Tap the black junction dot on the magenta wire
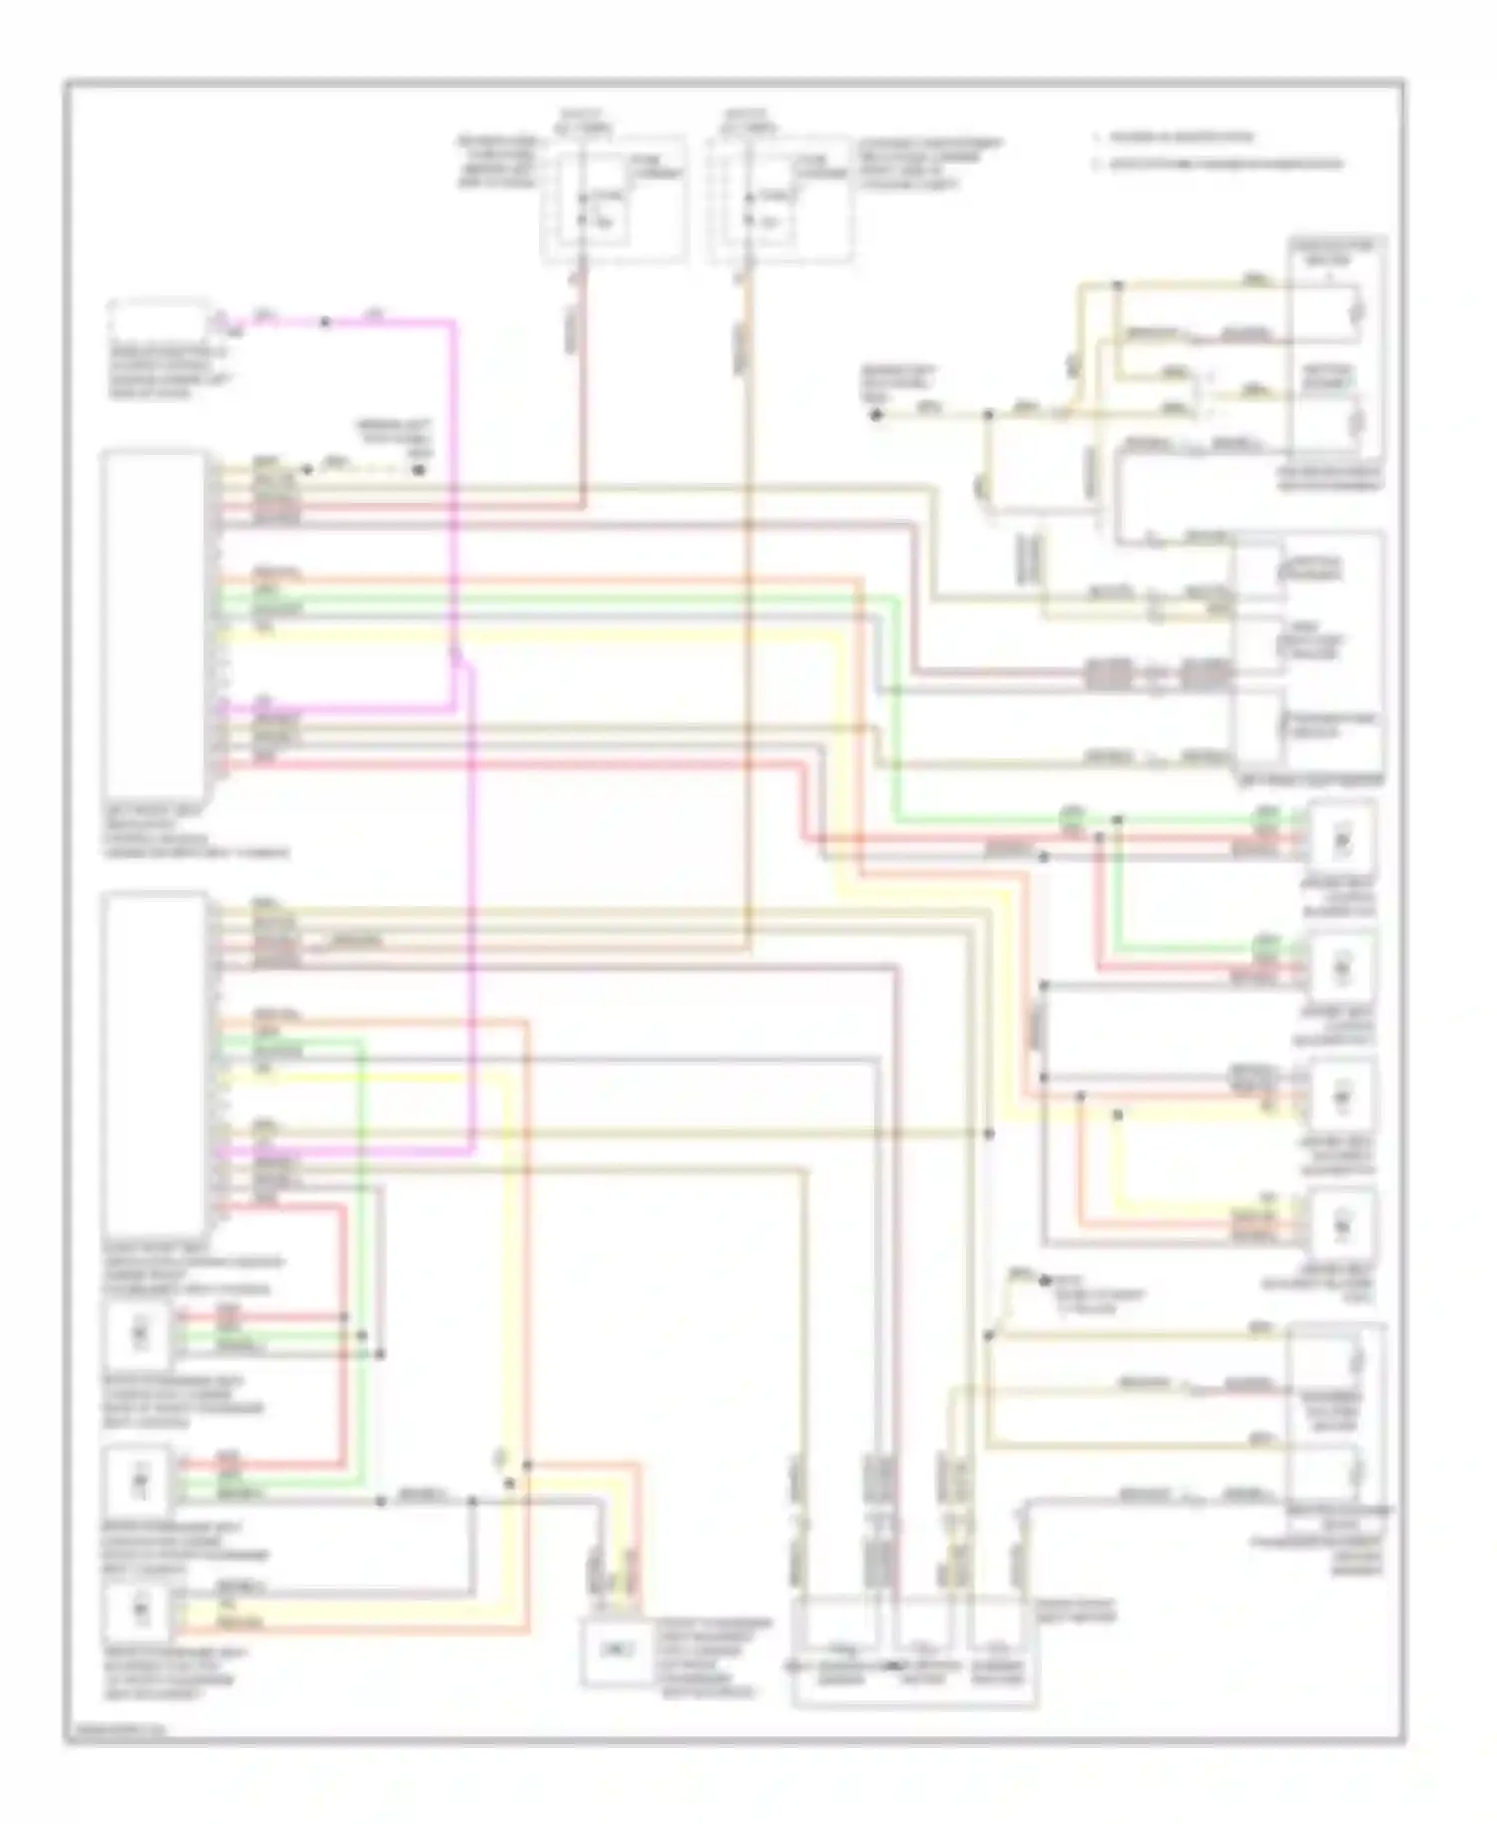point(324,322)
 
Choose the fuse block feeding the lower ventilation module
point(780,201)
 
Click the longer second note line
point(1223,165)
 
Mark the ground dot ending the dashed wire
point(419,467)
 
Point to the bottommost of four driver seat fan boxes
point(1341,1222)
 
